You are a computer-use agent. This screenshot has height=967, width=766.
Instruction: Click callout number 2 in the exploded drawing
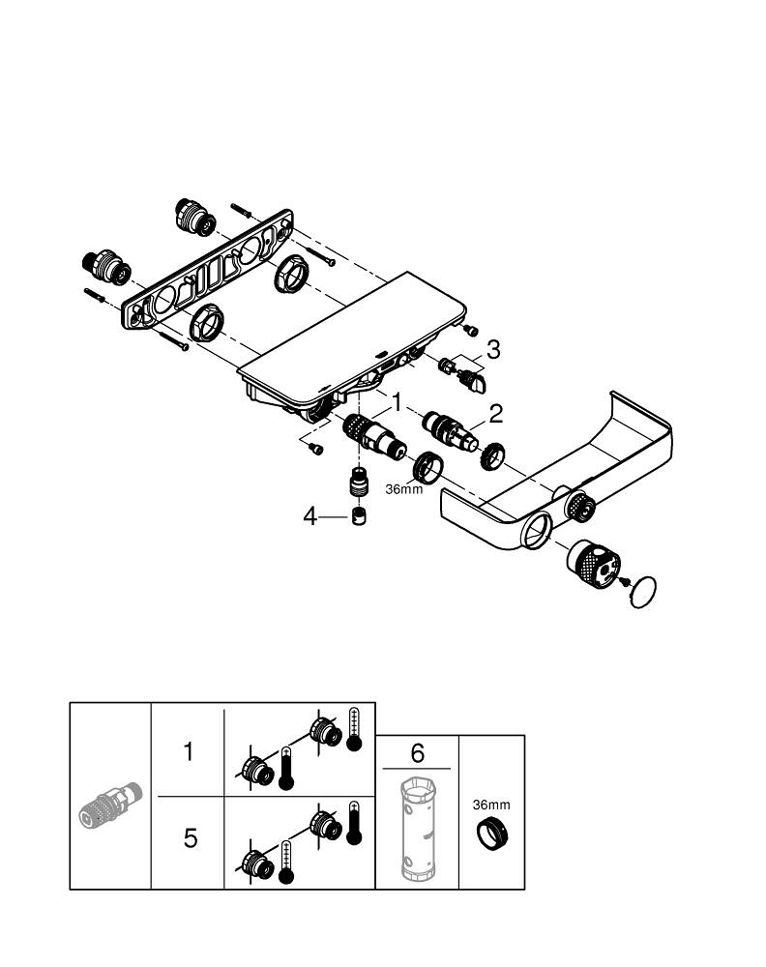pos(495,415)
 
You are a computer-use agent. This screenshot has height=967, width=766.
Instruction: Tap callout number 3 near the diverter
pos(493,350)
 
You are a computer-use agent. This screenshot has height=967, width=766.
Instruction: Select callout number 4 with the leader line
pos(309,516)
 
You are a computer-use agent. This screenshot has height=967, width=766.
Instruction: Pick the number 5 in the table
pos(191,838)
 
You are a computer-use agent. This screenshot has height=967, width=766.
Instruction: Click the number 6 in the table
pos(416,751)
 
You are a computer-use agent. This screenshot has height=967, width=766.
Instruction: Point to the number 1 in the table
pos(190,750)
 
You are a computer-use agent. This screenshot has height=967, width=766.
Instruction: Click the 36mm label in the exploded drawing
pos(404,488)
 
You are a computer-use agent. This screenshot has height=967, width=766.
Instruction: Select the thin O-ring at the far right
pos(642,592)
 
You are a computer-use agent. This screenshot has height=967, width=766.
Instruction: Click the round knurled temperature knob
pos(592,565)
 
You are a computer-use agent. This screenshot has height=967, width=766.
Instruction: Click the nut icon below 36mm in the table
pos(490,833)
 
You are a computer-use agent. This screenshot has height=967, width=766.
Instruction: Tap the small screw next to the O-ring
pos(625,581)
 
